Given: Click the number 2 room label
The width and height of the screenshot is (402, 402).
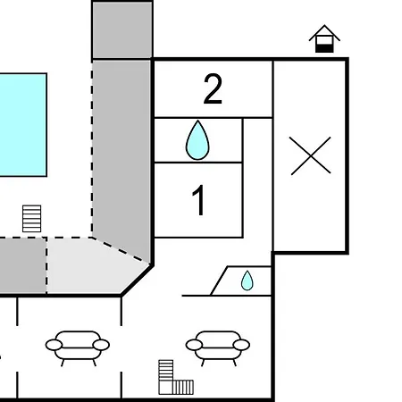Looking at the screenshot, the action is [x=213, y=89].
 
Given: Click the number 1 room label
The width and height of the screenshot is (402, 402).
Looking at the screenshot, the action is [x=198, y=200].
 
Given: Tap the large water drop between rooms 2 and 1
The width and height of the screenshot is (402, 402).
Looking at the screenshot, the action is [x=197, y=140].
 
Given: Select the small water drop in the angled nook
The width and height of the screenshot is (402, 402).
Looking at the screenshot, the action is [x=247, y=281].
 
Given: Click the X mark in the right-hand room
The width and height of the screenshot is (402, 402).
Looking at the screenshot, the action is [x=311, y=155].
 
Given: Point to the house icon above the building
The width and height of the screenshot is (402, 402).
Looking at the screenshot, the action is [x=324, y=38].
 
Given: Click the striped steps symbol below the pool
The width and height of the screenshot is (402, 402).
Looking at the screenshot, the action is [x=32, y=219].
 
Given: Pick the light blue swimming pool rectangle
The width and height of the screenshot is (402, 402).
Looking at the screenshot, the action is [x=23, y=125].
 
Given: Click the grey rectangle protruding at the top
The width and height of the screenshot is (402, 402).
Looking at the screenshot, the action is [x=122, y=30].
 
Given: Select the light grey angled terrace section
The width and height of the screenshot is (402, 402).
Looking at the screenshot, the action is [x=96, y=265].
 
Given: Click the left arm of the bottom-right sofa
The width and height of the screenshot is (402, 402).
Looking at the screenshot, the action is [x=194, y=345].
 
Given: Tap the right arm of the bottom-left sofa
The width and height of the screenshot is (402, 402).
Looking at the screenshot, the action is [x=101, y=345].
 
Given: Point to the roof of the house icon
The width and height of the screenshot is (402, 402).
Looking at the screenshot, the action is [x=324, y=31].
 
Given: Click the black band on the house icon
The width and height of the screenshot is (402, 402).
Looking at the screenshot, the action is [x=324, y=48].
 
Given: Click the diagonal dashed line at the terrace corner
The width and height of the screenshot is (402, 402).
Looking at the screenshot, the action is [x=121, y=250].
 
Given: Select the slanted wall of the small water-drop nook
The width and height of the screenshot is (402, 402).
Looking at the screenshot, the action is [x=219, y=281].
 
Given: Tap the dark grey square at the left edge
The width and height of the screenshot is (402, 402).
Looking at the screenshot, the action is [x=23, y=265].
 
